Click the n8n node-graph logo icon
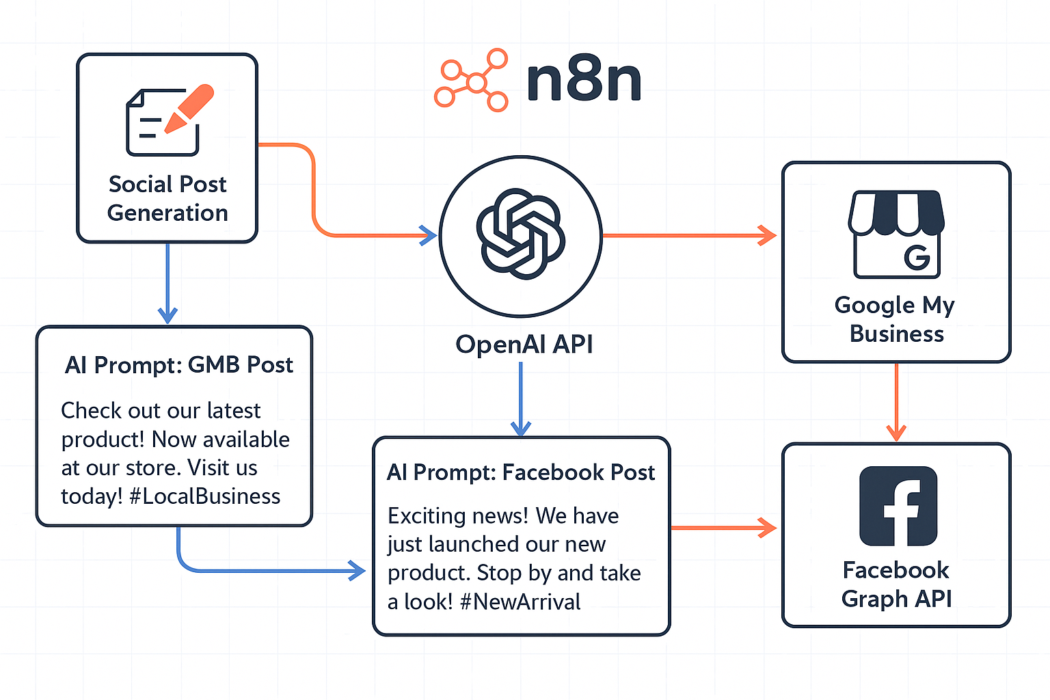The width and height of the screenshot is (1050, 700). [472, 81]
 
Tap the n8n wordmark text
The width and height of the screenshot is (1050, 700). [584, 81]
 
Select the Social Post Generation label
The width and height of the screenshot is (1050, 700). [167, 198]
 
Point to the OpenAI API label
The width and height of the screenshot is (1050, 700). [524, 344]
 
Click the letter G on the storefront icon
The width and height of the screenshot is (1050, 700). [917, 257]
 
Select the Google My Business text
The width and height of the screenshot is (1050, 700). [896, 319]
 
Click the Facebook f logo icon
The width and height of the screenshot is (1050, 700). [898, 506]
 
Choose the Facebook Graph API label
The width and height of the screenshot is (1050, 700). [896, 584]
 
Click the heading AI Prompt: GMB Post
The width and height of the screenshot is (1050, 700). [178, 365]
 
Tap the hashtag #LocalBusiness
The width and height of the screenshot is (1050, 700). [205, 496]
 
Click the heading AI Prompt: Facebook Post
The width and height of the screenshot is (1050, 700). [521, 472]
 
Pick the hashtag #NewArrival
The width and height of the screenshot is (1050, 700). [520, 602]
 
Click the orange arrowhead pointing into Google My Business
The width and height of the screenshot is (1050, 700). [767, 235]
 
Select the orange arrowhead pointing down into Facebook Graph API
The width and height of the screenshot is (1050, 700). [896, 432]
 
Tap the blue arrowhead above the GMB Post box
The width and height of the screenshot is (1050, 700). [167, 314]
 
